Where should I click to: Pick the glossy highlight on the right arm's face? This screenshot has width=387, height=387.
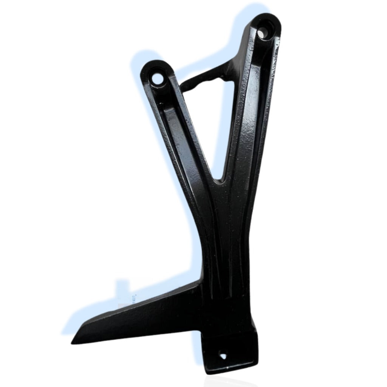click(x=248, y=128)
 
